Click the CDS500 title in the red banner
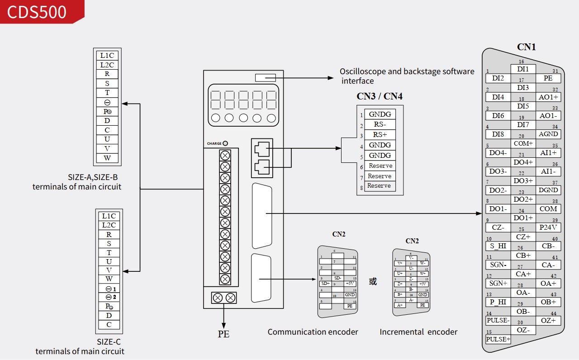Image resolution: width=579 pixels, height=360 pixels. pos(37,11)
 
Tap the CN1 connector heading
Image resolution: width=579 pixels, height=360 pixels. pos(526,47)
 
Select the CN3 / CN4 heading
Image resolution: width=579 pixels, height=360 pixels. pos(380,96)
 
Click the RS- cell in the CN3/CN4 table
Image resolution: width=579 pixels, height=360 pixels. pos(380,124)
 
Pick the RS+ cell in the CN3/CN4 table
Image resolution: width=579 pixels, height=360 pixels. pos(380,135)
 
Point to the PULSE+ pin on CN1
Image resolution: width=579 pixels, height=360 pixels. pos(498,339)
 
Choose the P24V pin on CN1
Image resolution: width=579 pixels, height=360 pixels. pos(548,227)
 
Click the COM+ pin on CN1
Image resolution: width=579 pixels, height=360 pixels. pos(523,143)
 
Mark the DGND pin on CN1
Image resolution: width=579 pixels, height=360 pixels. pos(548,190)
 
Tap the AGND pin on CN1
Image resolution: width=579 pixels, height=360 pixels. pos(548,134)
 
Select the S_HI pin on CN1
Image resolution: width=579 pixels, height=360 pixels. pos(498,246)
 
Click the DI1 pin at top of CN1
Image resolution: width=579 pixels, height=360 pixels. pos(523,69)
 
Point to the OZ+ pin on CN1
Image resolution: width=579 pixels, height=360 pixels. pos(548,321)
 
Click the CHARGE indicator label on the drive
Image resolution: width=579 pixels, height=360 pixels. pos(214,144)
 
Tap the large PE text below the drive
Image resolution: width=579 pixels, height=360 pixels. pos(223,334)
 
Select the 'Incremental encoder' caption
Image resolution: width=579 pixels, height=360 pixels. pos(418,332)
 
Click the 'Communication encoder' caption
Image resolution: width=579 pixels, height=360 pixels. pos(313,332)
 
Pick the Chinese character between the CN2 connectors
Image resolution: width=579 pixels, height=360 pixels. pos(373,282)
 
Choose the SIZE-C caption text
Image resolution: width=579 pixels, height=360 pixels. pos(109,342)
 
